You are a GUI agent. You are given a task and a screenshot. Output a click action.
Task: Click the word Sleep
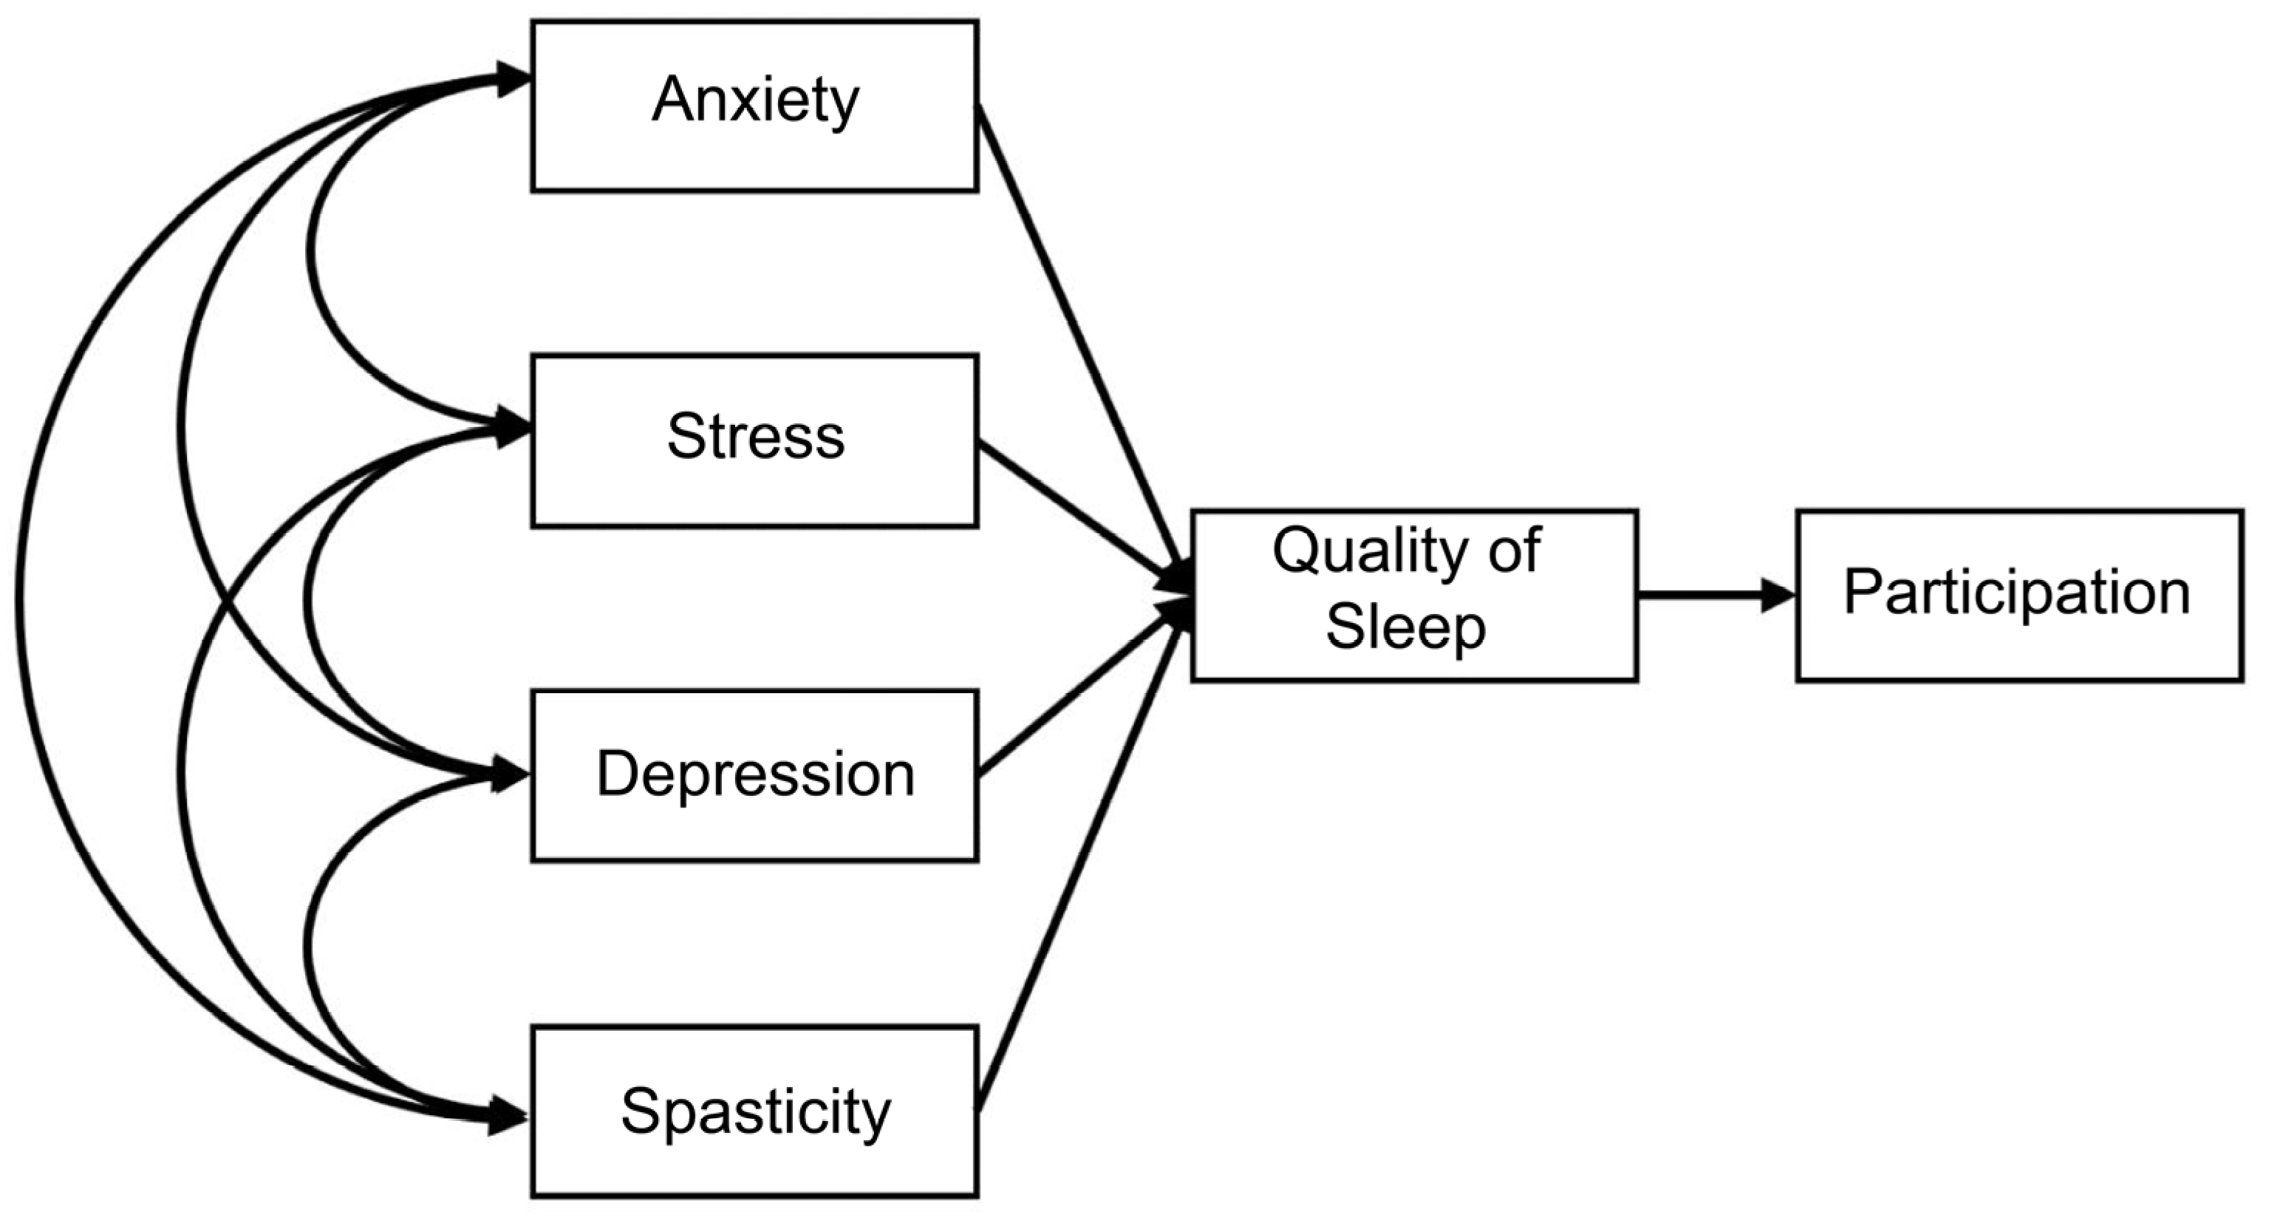[1406, 628]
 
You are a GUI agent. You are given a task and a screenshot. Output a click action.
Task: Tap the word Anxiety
[755, 101]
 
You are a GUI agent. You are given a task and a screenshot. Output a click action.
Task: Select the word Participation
[2017, 592]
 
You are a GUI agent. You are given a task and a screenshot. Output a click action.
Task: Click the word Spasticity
[756, 1111]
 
